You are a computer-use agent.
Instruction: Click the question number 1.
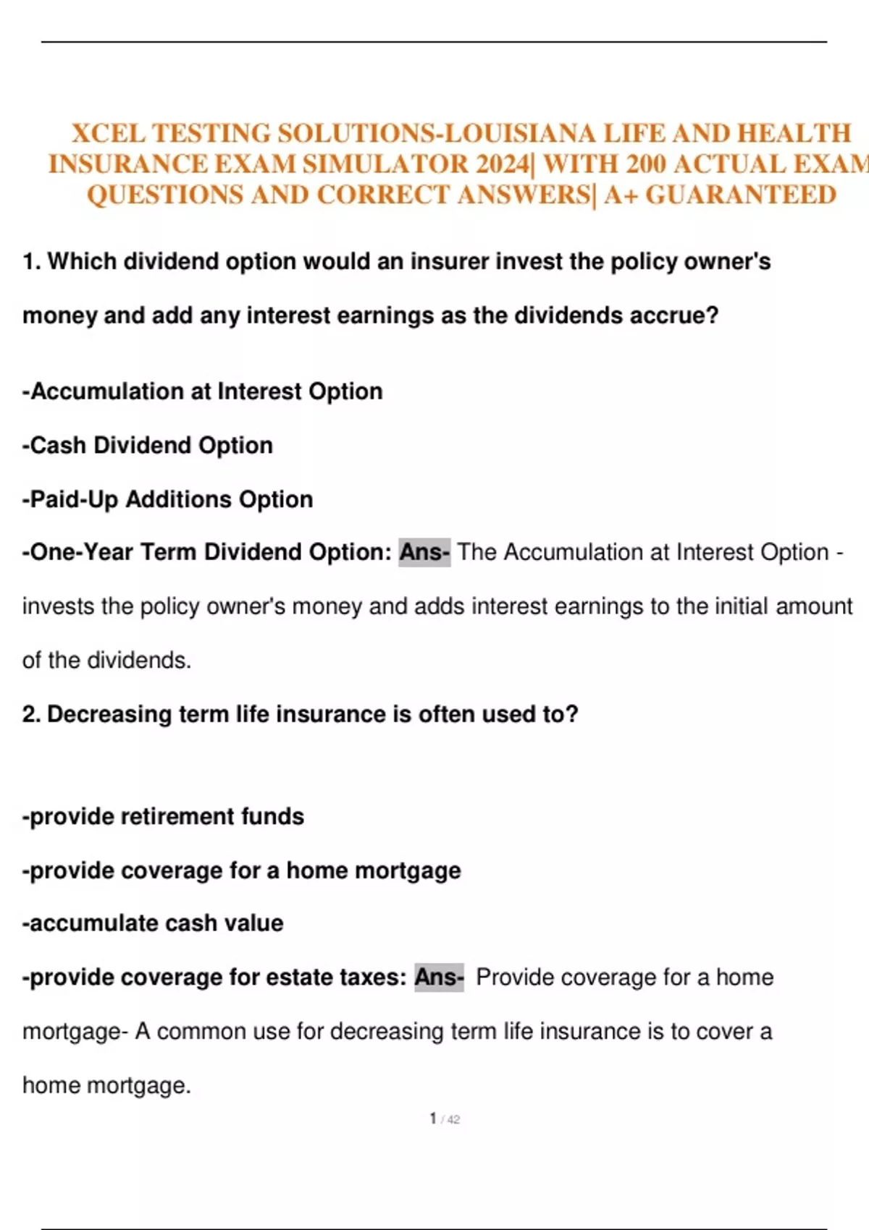click(x=31, y=261)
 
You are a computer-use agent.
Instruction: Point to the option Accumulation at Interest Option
click(x=203, y=391)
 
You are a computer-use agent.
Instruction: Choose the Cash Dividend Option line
click(x=148, y=446)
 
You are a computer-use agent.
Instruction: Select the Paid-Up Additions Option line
click(x=168, y=499)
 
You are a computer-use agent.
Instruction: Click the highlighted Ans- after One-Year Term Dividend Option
click(x=424, y=553)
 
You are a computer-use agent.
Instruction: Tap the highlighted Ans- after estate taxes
click(x=439, y=977)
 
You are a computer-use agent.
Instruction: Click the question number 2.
click(x=31, y=715)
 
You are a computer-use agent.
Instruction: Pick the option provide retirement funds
click(x=164, y=817)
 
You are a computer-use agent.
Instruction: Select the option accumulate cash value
click(x=153, y=923)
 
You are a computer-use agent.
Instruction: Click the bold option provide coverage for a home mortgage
click(x=242, y=870)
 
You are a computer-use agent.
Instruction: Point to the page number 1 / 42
click(x=444, y=1119)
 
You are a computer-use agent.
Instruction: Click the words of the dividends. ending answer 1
click(x=106, y=661)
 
